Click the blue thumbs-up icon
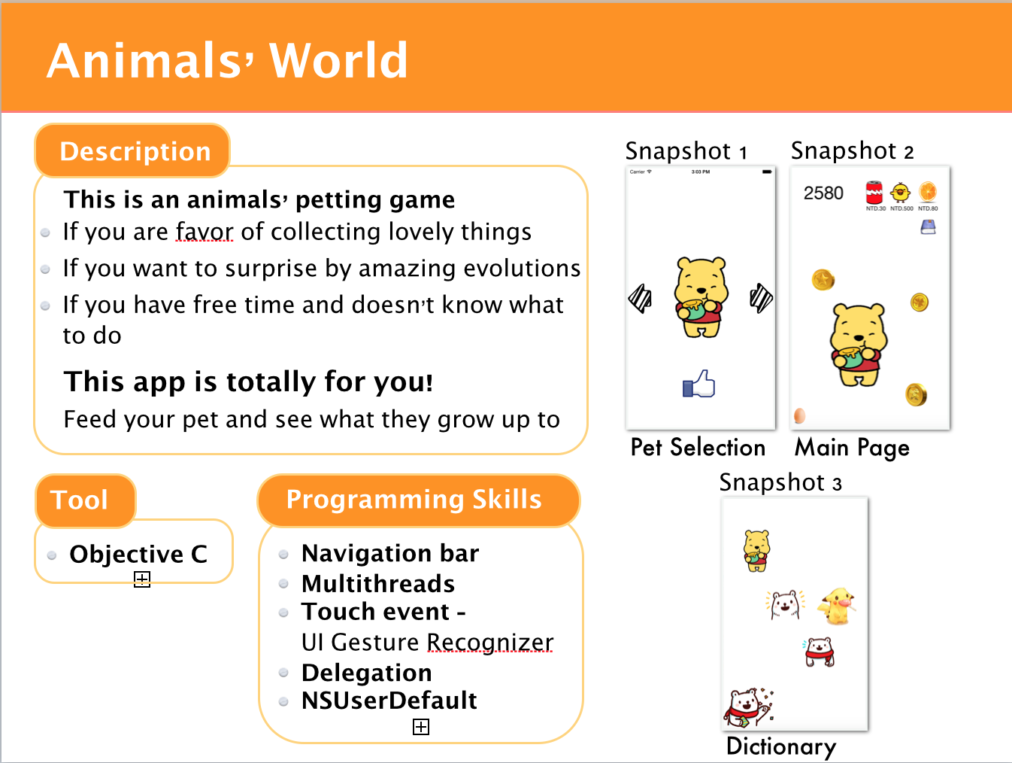(698, 383)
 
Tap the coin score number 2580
(823, 193)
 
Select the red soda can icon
(874, 193)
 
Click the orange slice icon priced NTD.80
(928, 192)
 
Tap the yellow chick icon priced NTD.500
(901, 192)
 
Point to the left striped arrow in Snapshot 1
(640, 299)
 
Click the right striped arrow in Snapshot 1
(761, 298)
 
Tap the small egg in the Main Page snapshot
(800, 415)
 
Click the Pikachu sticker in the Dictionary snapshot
(838, 606)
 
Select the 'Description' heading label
(135, 151)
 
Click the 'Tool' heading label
(79, 500)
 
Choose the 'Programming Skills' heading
(414, 499)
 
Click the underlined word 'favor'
(205, 231)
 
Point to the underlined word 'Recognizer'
(489, 642)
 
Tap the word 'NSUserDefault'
(389, 701)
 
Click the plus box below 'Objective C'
(142, 579)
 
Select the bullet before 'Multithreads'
(283, 584)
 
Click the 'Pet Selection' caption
(698, 447)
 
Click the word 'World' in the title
(338, 60)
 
